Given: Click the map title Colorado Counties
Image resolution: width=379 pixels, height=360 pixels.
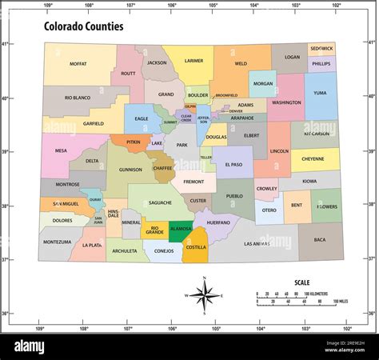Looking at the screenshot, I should pos(83,26).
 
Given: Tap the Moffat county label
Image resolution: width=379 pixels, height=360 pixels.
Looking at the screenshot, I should pos(78,63).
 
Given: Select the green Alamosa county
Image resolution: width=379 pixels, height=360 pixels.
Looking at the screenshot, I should pos(181,228).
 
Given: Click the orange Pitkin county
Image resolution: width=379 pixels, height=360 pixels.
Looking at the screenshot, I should pos(134,142).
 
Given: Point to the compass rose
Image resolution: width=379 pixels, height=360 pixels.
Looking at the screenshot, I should pos(205,295).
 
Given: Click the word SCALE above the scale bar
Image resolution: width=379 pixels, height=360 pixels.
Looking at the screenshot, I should pos(302,282).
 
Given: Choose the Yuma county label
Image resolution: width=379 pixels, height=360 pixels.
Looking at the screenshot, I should pos(320,93).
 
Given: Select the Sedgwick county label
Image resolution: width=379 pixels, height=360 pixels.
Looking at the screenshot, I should pos(321,48).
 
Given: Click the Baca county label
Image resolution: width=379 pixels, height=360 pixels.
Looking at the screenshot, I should pos(320,239).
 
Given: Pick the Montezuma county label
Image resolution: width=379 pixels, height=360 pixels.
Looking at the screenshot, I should pos(58,242).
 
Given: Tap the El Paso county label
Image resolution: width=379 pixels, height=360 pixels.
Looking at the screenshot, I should pos(233,164).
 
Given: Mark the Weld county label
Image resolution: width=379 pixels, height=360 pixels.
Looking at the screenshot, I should pos(241,63).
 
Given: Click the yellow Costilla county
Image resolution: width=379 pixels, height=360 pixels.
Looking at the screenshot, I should pos(196,247).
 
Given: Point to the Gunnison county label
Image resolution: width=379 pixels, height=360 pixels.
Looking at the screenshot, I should pos(130,170).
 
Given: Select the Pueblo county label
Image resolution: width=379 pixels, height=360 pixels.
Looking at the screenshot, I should pos(234,195).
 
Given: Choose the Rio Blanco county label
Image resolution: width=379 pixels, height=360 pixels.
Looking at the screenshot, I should pos(79,98).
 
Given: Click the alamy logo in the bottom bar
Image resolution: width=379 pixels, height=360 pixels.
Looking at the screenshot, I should pos(39,345).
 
